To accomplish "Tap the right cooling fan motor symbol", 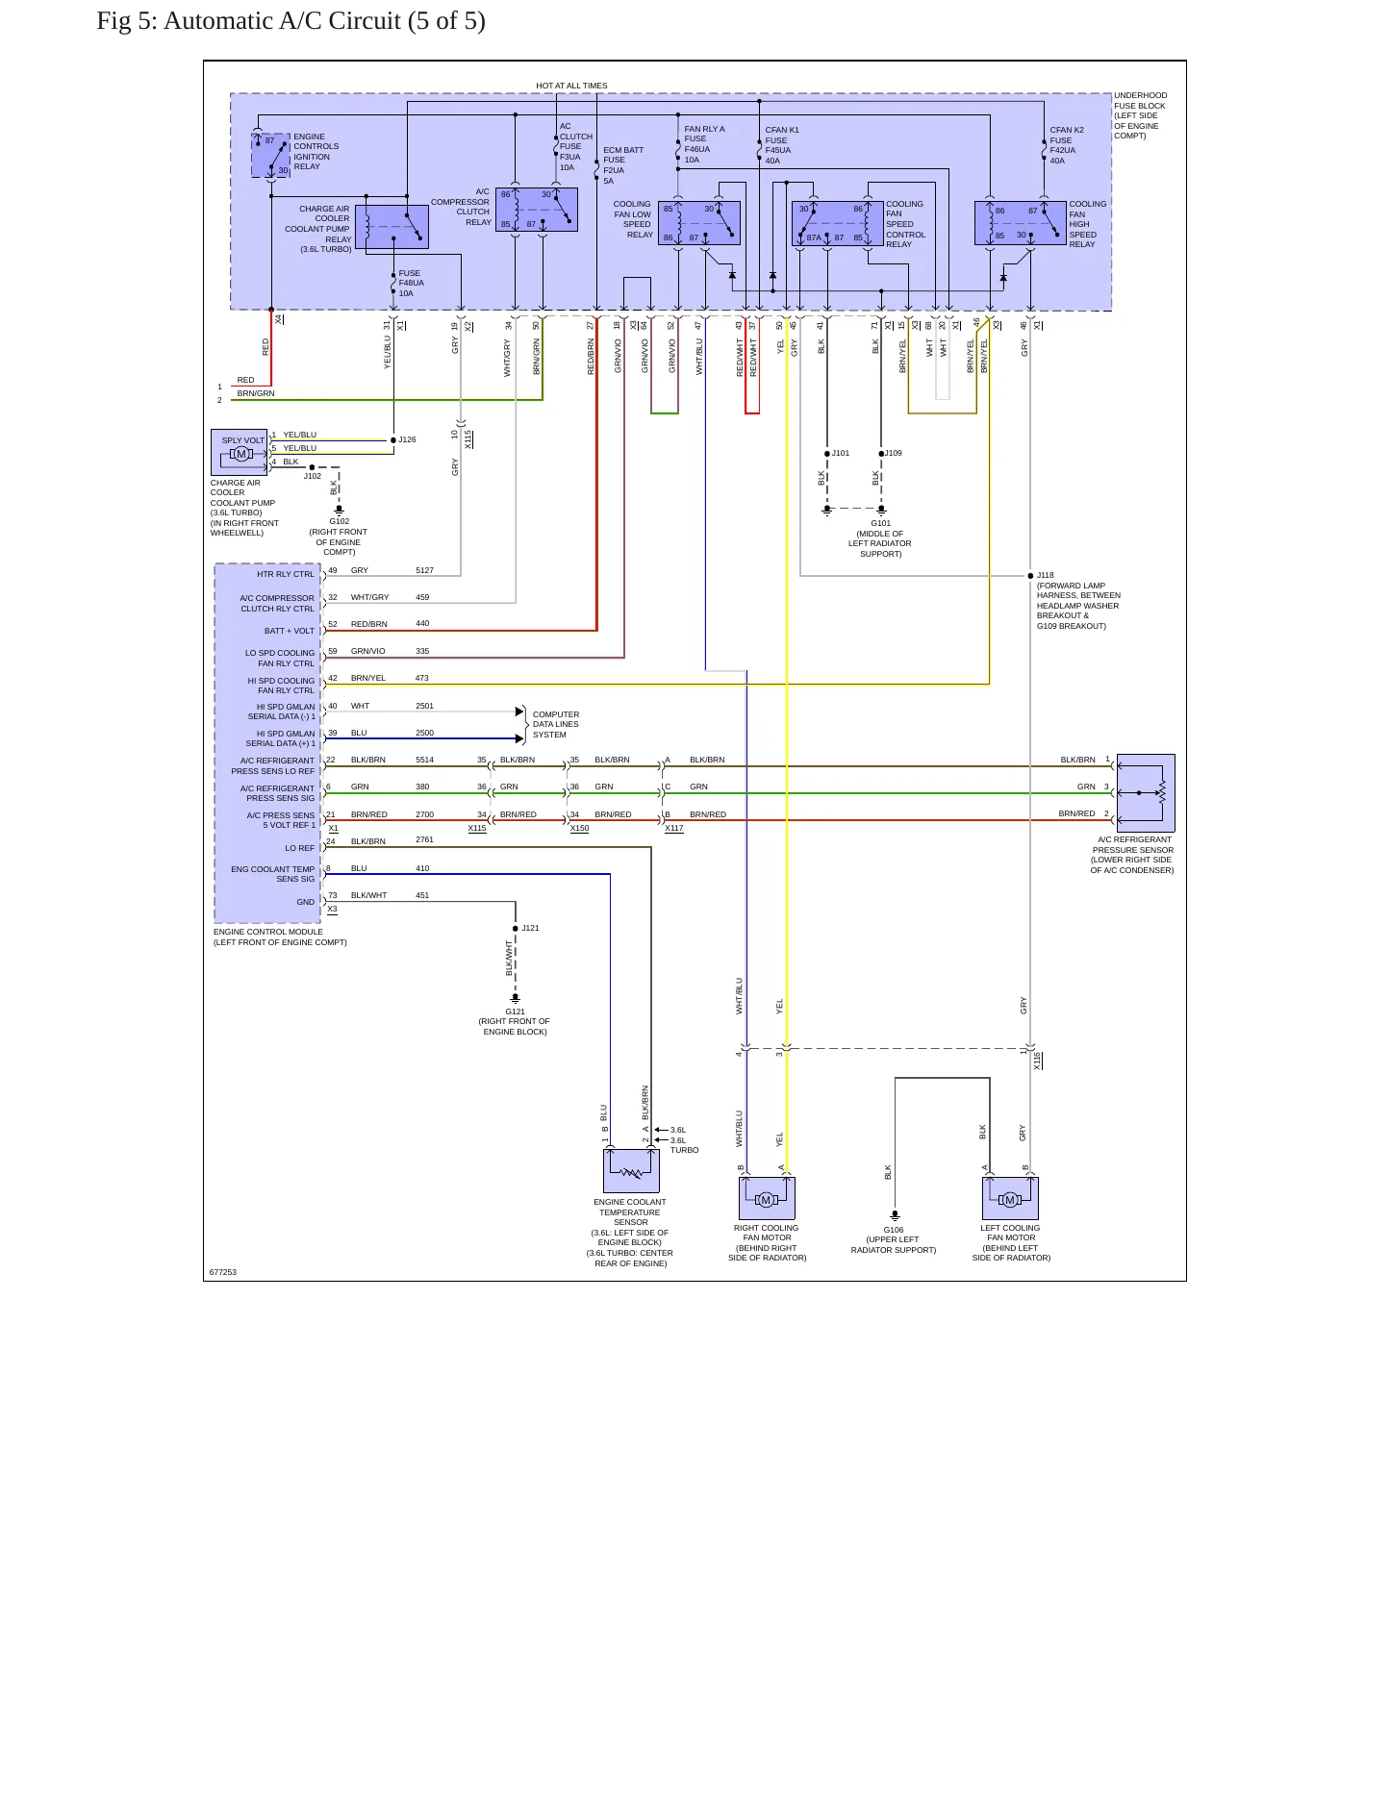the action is [767, 1198].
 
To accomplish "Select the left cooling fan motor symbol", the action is [1010, 1198].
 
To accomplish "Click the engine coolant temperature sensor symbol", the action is [631, 1171].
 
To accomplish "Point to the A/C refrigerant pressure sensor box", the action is [1146, 793].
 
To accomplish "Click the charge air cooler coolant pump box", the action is [240, 453].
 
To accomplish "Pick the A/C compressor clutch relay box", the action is [537, 210].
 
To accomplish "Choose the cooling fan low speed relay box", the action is [699, 223].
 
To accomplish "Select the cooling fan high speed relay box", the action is [1021, 223].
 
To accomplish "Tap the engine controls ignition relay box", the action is [271, 156].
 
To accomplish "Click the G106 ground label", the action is [894, 1230].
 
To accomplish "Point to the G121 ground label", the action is [516, 1011].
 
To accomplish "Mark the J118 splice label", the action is [1046, 575].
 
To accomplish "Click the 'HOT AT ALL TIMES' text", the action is [571, 86].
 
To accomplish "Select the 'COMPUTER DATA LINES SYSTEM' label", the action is [556, 725].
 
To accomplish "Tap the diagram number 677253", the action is [223, 1272].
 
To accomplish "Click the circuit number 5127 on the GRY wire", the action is [424, 570].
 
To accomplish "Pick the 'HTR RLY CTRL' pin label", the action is [286, 574].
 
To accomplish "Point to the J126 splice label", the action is [408, 439].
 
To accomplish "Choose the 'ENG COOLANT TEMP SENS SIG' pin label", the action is [273, 874].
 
